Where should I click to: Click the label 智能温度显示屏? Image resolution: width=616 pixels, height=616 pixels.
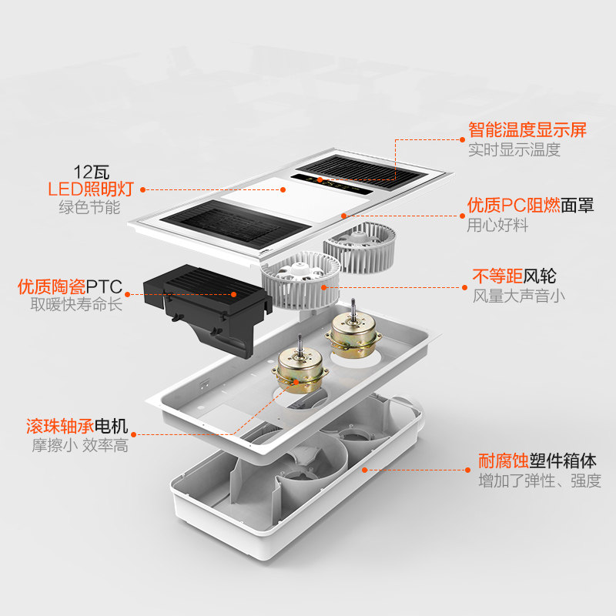click(x=527, y=129)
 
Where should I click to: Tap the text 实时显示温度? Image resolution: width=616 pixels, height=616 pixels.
click(x=514, y=150)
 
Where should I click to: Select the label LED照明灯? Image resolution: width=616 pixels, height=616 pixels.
click(x=91, y=189)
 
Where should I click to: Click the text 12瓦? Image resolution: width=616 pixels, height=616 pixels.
click(x=90, y=170)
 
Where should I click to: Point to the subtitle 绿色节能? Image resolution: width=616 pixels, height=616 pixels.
click(x=90, y=207)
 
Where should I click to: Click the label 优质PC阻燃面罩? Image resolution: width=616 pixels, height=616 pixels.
click(x=531, y=206)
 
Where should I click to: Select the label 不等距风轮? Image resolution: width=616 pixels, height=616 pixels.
click(x=514, y=276)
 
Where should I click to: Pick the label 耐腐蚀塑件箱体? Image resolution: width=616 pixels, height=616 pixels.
click(x=536, y=461)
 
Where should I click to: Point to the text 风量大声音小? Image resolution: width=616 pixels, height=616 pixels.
click(x=518, y=296)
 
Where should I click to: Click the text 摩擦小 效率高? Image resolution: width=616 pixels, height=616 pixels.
click(x=79, y=446)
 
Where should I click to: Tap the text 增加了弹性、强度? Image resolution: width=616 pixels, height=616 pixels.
click(x=540, y=481)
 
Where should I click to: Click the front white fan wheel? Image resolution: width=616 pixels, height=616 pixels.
click(x=300, y=280)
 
